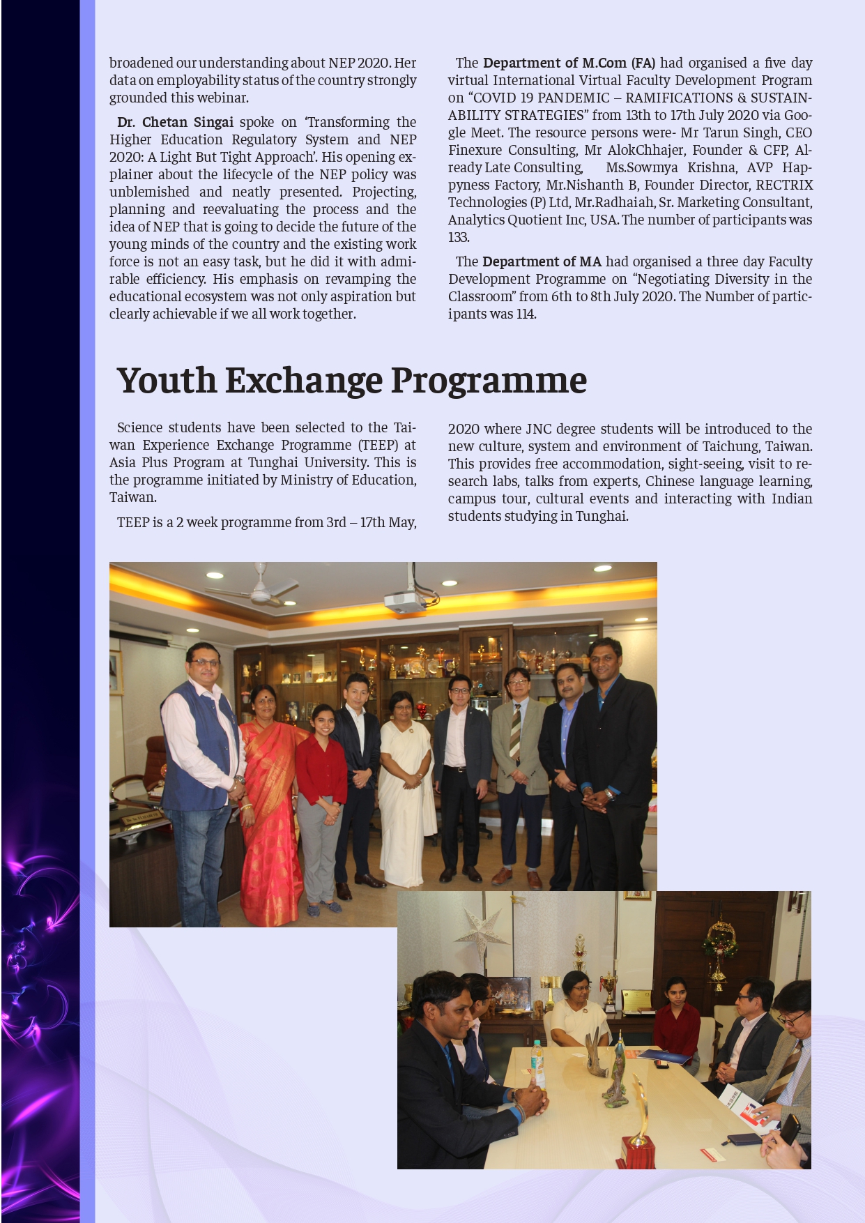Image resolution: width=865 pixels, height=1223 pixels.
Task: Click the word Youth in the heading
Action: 167,381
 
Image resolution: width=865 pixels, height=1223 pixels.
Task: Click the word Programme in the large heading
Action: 489,381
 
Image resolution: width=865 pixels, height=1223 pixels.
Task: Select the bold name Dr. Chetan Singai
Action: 175,122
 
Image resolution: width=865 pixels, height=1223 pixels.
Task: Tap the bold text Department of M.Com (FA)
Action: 569,63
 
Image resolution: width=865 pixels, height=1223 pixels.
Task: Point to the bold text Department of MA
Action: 542,261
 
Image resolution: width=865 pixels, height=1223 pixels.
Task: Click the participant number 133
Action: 459,237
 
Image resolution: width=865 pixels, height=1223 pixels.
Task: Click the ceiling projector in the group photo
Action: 405,598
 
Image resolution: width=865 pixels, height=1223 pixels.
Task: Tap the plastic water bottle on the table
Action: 537,1063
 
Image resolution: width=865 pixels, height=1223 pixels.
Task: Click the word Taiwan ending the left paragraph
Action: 132,497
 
